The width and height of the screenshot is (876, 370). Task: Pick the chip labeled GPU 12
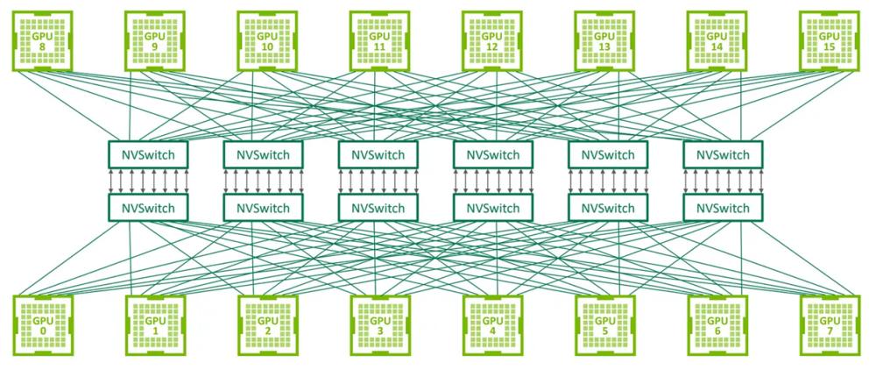click(x=491, y=39)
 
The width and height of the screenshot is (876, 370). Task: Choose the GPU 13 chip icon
click(x=604, y=39)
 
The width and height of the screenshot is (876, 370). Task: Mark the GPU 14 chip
click(x=716, y=39)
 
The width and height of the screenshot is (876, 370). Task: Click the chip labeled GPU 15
click(x=828, y=39)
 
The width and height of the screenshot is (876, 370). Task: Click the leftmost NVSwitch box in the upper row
click(x=148, y=154)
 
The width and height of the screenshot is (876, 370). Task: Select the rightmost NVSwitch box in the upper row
click(x=723, y=154)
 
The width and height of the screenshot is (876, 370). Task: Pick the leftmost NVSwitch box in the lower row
click(x=148, y=208)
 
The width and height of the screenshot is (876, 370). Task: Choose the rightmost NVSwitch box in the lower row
click(x=723, y=208)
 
